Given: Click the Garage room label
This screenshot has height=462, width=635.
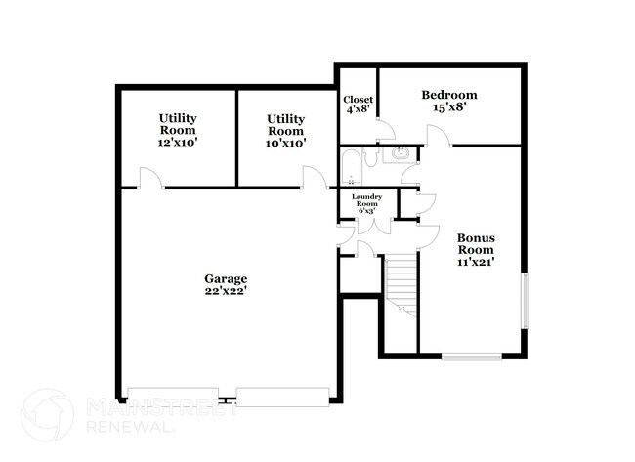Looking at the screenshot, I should (226, 278).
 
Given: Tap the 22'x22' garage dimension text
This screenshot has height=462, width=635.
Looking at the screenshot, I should (226, 292).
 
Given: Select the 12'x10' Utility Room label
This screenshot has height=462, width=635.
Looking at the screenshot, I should (178, 130).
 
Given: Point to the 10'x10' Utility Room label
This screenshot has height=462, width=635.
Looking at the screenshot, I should (286, 130).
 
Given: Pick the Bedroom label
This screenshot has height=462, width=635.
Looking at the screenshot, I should (449, 95).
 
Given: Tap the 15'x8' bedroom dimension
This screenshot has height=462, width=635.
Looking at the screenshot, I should (449, 108).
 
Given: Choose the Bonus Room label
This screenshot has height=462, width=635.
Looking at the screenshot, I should (477, 243).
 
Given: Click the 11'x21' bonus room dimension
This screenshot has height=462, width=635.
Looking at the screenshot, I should (477, 263).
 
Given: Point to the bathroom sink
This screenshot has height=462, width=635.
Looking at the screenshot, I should (402, 154).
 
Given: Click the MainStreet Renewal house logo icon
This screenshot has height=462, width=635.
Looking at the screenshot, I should (46, 415).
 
